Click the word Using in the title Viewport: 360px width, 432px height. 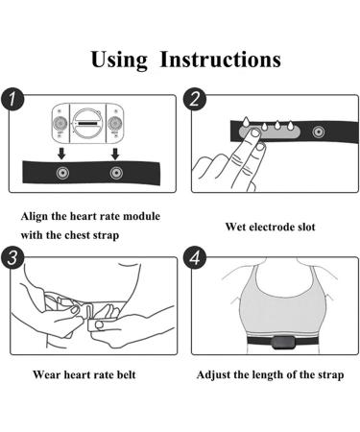(x=119, y=59)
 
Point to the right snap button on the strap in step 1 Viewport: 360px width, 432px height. (x=116, y=174)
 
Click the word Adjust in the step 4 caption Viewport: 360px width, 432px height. (x=218, y=373)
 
